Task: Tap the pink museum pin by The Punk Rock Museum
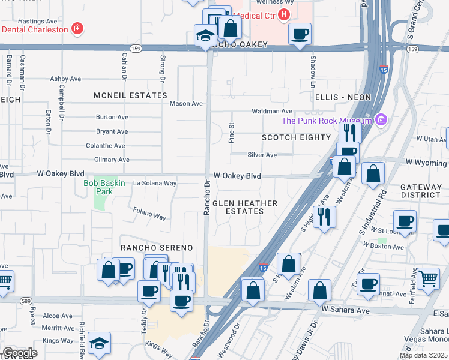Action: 379,120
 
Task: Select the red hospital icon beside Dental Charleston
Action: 77,28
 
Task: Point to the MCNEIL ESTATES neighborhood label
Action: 130,95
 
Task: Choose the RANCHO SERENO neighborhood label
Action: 157,248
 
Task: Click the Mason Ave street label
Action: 186,103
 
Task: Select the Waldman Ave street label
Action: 271,111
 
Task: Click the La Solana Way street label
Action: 154,183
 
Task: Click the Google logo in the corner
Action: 19,352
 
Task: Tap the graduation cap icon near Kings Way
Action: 99,343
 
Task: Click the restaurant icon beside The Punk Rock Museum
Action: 349,131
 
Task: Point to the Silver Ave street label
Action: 262,155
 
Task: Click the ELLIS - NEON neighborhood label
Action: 342,97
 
